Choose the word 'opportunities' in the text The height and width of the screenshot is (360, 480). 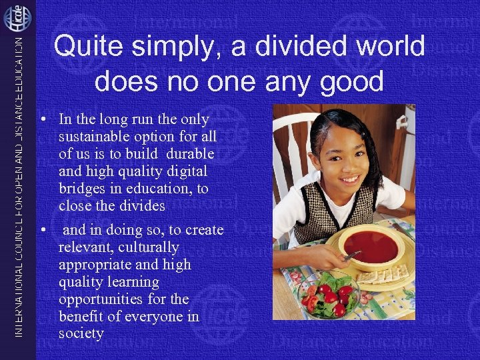point(102,299)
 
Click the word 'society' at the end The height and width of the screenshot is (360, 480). point(81,333)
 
